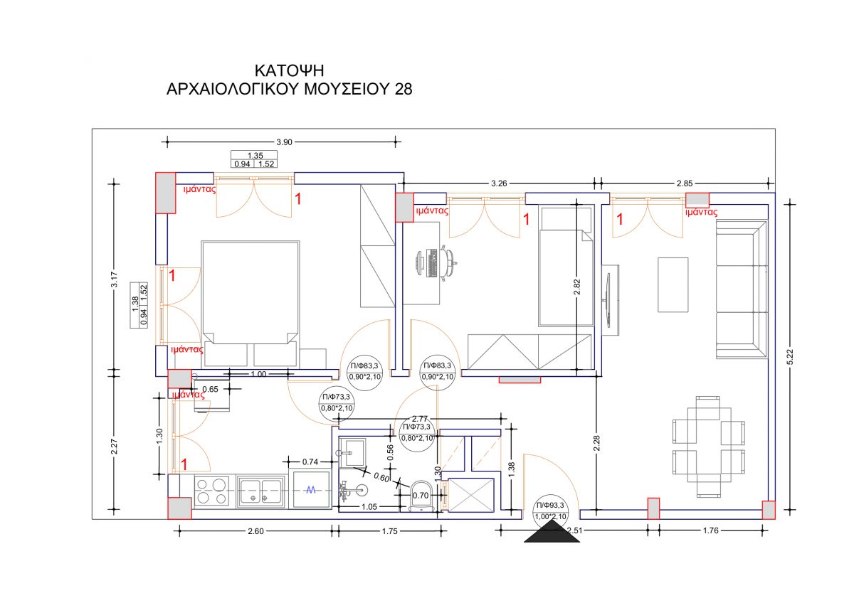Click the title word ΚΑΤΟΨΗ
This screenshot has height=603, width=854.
pyautogui.click(x=289, y=71)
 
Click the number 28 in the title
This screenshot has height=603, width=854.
pyautogui.click(x=404, y=89)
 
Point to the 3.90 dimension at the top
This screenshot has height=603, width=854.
pyautogui.click(x=284, y=142)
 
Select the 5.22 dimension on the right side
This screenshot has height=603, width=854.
pyautogui.click(x=791, y=357)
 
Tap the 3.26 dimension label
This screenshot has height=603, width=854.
pyautogui.click(x=499, y=183)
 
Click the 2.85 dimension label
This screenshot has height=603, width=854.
pyautogui.click(x=685, y=183)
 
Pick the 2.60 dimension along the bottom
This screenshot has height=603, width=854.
pyautogui.click(x=255, y=531)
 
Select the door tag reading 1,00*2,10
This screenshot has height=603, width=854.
pyautogui.click(x=551, y=517)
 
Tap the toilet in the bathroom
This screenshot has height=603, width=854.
pyautogui.click(x=421, y=496)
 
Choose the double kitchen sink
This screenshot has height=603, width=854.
pyautogui.click(x=260, y=491)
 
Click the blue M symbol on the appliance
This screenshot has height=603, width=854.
pyautogui.click(x=311, y=490)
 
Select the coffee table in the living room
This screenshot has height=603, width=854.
pyautogui.click(x=673, y=285)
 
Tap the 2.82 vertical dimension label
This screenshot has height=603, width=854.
pyautogui.click(x=577, y=287)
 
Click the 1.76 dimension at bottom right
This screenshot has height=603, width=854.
pyautogui.click(x=711, y=530)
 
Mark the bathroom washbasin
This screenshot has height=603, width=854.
pyautogui.click(x=352, y=452)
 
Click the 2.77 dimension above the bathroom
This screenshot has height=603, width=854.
pyautogui.click(x=420, y=419)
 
